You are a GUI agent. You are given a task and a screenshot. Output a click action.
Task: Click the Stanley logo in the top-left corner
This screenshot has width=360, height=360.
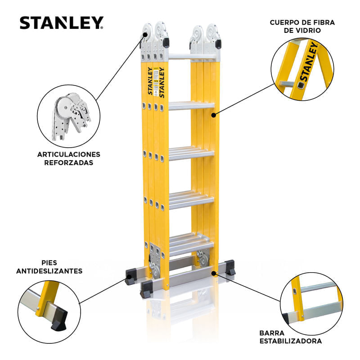click(x=62, y=23)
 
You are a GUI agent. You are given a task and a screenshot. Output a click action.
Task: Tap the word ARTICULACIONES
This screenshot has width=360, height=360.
click(x=69, y=154)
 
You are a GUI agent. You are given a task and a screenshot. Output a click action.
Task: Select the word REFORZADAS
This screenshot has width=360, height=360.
click(x=69, y=162)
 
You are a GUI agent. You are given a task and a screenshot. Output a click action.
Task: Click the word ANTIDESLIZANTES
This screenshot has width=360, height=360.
click(x=49, y=271)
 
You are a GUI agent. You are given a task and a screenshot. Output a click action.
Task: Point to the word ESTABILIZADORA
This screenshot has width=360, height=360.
click(x=290, y=341)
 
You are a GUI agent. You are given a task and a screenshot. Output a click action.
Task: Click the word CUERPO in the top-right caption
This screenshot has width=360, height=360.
click(x=283, y=22)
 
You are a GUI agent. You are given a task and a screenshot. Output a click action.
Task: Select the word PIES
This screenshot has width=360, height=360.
click(x=49, y=263)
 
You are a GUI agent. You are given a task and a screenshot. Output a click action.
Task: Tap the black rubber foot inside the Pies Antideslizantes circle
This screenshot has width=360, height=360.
click(x=59, y=319)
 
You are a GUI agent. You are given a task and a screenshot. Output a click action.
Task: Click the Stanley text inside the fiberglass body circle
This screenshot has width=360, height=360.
click(x=309, y=62)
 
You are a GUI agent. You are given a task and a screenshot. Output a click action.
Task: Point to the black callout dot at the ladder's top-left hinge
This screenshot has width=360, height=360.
click(x=145, y=35)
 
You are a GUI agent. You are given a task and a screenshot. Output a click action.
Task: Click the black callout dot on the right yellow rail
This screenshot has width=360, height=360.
click(x=213, y=115)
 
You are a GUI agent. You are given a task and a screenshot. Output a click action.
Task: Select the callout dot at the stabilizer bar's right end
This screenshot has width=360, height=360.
click(x=214, y=273)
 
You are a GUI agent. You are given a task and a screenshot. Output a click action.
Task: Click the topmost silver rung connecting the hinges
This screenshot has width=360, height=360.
click(x=192, y=57)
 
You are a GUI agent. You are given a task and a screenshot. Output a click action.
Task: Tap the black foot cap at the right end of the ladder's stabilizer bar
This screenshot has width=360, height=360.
click(x=230, y=267)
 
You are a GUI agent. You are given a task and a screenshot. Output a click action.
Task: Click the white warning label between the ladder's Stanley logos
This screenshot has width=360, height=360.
click(x=156, y=81)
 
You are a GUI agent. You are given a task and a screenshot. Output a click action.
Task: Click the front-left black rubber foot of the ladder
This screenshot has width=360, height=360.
click(x=147, y=289)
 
